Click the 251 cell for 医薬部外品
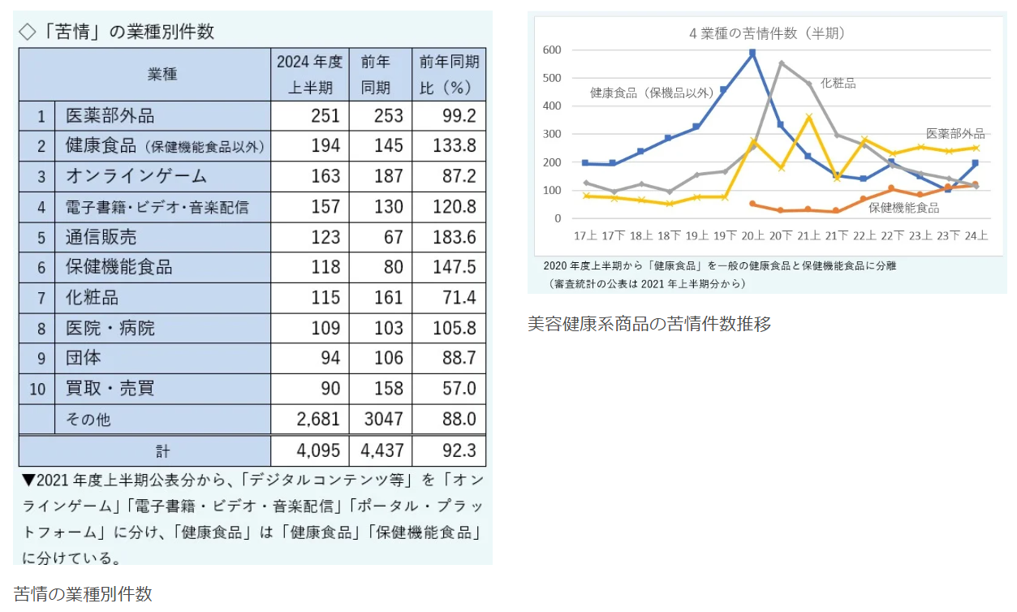click(x=325, y=116)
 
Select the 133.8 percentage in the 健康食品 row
click(x=459, y=147)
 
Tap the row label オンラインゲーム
click(x=136, y=176)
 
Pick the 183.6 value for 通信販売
click(x=459, y=237)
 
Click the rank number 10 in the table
click(x=37, y=389)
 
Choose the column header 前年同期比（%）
click(x=449, y=74)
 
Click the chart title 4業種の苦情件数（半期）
click(x=766, y=33)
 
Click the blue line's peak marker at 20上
click(x=752, y=53)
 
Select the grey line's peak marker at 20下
click(x=781, y=63)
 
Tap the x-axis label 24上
click(x=976, y=236)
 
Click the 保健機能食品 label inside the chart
click(x=903, y=208)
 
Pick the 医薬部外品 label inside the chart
click(x=955, y=133)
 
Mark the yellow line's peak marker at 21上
click(x=808, y=117)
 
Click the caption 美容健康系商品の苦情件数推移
click(x=649, y=324)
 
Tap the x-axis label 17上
click(x=584, y=236)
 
